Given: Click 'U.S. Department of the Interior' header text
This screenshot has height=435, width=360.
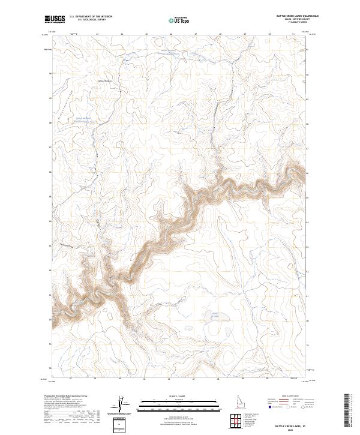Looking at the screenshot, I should (x=91, y=17).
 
